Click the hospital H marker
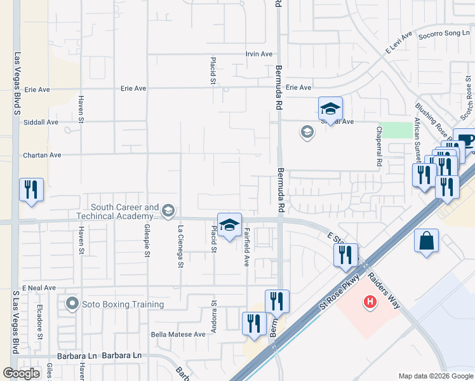click(x=370, y=302)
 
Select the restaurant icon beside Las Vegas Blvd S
click(x=31, y=189)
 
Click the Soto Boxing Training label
click(x=123, y=304)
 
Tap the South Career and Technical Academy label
click(x=124, y=211)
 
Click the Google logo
click(x=22, y=373)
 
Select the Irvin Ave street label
click(x=259, y=55)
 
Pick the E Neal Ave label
click(x=40, y=288)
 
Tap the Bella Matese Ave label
click(x=178, y=334)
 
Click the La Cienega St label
click(x=180, y=248)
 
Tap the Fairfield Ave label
click(x=246, y=246)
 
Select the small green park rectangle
click(x=396, y=130)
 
